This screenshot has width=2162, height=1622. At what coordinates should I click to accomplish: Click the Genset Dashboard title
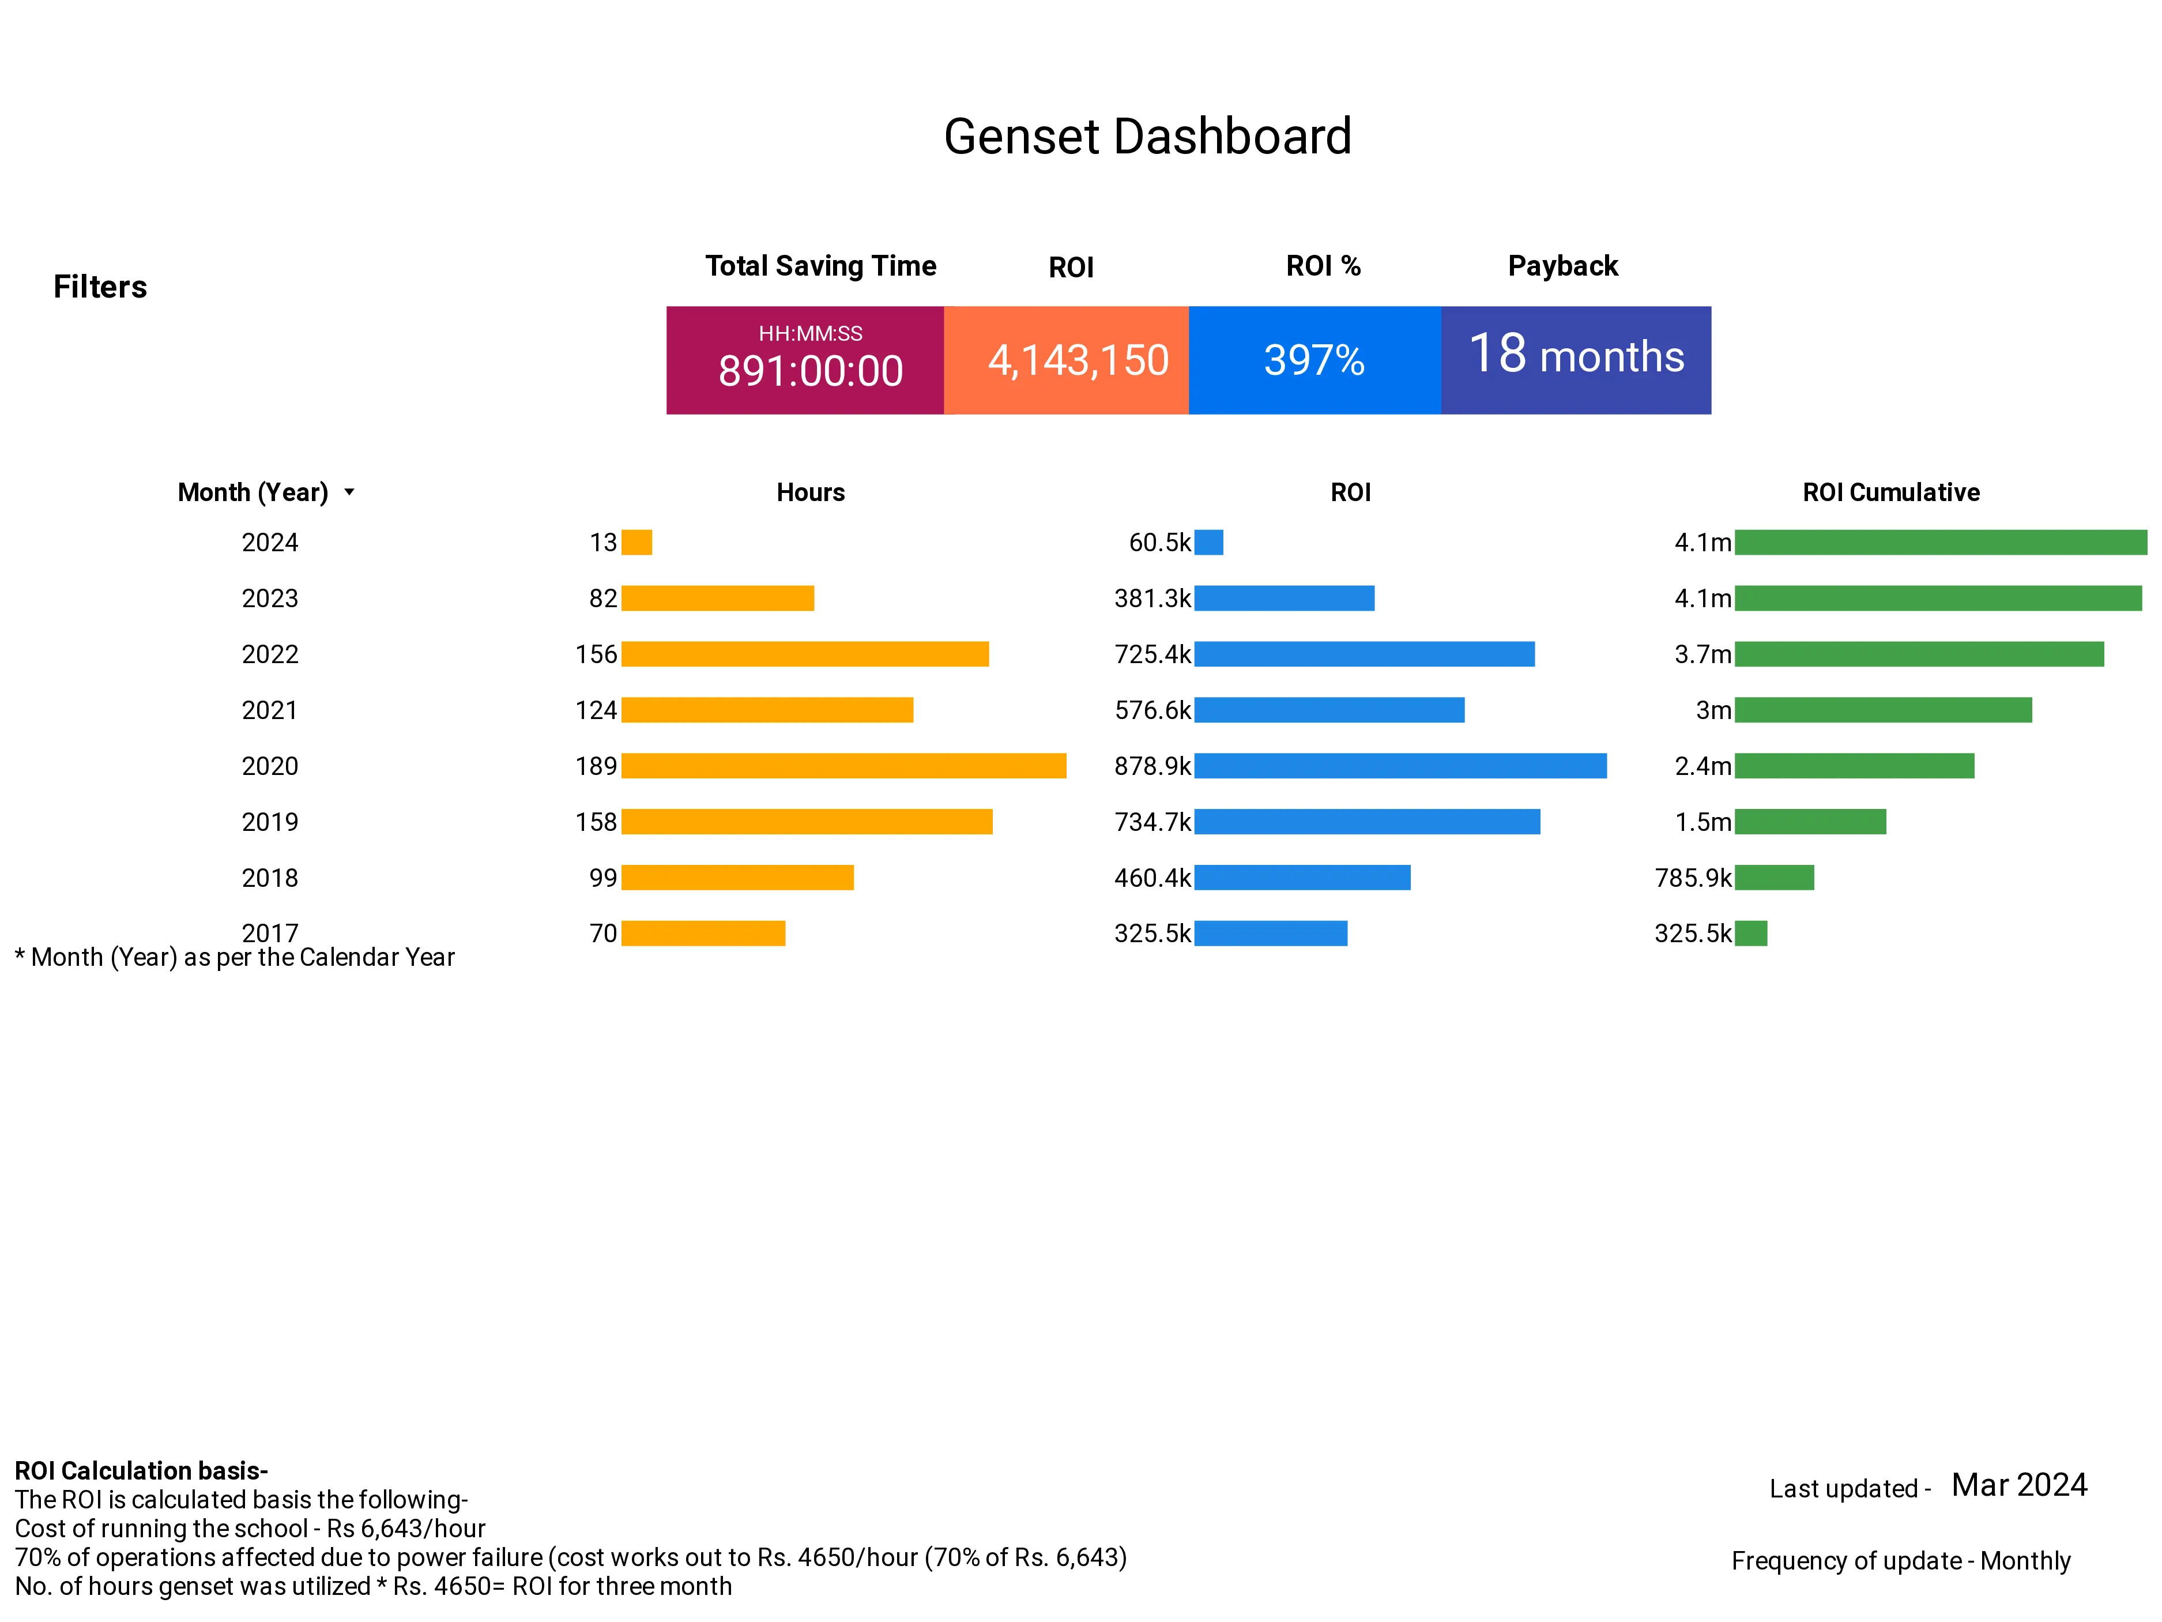[1147, 137]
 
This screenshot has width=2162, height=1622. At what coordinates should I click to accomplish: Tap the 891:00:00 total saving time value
[810, 371]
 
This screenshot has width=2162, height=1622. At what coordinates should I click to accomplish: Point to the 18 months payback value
[1576, 355]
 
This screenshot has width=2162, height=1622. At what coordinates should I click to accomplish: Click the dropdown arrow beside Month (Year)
[349, 493]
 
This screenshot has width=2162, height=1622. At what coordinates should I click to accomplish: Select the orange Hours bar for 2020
[843, 766]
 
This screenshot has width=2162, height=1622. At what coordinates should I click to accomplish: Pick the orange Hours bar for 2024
[636, 543]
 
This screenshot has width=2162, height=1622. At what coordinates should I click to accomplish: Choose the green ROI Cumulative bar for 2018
[1774, 878]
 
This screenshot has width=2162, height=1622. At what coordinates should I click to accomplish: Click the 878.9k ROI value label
[1152, 766]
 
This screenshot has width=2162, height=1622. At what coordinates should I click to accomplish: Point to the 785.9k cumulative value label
[1692, 878]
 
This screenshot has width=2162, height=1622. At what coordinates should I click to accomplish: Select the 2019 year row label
[270, 822]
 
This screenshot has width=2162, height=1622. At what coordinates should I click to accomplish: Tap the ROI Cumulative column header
[1890, 493]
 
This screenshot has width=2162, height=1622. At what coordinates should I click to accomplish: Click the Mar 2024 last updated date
[2018, 1485]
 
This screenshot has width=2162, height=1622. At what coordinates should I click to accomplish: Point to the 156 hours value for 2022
[596, 654]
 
